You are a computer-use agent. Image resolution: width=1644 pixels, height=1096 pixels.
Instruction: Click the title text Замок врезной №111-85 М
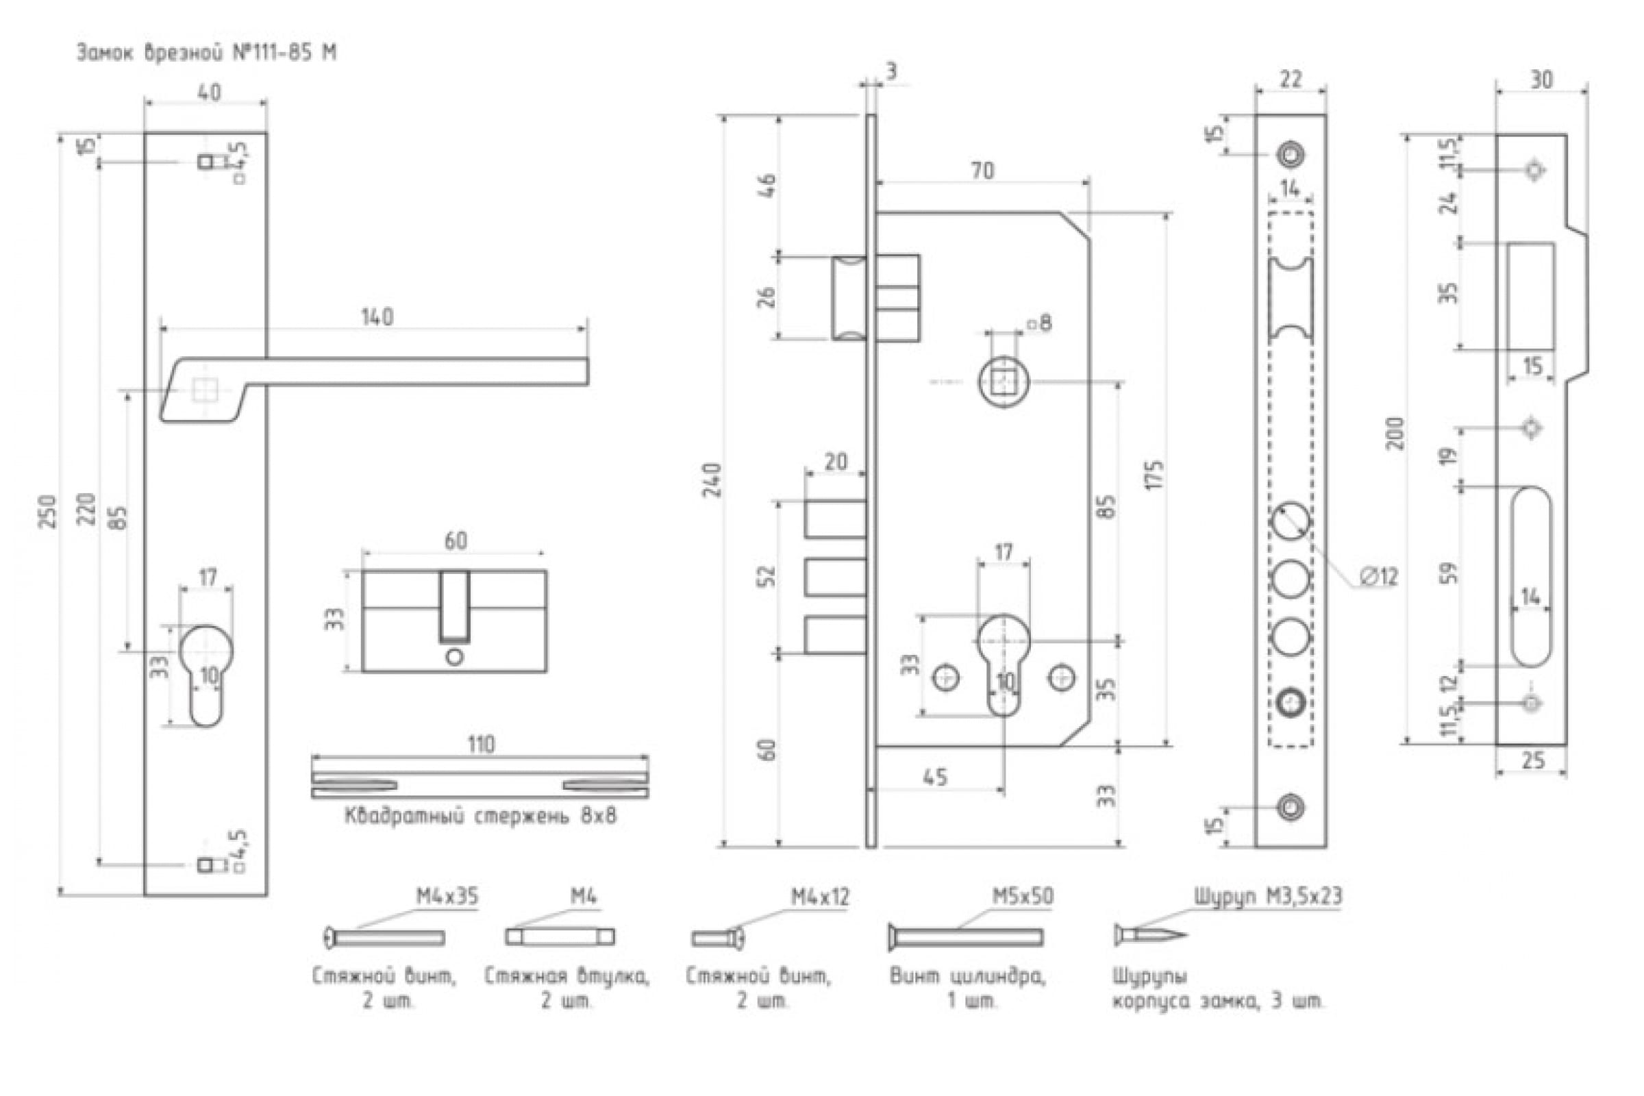(206, 53)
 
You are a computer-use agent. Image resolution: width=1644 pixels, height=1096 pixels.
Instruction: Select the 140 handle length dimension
(377, 316)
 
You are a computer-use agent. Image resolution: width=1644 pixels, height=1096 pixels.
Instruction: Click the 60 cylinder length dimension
(456, 540)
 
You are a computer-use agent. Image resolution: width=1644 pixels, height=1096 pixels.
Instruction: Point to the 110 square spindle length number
(480, 745)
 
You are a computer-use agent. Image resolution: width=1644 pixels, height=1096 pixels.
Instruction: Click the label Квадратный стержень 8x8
(480, 816)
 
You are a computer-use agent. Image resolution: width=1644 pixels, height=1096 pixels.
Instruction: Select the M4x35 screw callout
(447, 896)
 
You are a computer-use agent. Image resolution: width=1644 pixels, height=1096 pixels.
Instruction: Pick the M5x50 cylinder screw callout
(1023, 896)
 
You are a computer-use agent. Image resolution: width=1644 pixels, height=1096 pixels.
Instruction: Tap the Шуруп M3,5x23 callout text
(1268, 897)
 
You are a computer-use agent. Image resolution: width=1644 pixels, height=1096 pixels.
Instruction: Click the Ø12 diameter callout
(1378, 577)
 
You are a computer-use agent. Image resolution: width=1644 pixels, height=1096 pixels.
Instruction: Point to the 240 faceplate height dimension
(712, 480)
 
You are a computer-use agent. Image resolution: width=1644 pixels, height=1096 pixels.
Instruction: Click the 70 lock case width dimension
(982, 171)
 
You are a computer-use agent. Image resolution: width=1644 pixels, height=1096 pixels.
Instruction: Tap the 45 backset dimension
(935, 777)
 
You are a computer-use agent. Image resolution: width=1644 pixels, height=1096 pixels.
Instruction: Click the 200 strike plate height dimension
(1395, 434)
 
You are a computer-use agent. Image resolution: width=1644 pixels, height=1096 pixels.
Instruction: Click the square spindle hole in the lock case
(1004, 382)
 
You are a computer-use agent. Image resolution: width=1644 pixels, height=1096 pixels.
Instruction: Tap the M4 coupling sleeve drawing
(560, 936)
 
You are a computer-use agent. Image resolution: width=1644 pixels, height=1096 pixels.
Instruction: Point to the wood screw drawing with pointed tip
(1150, 934)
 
